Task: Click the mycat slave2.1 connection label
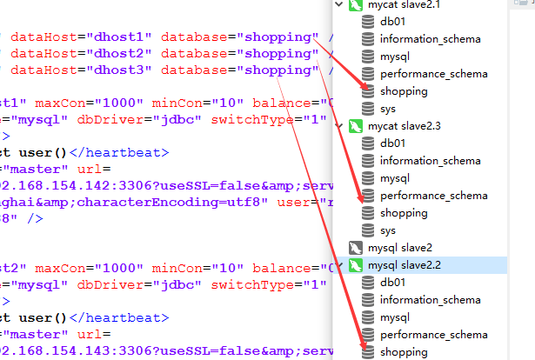(x=405, y=4)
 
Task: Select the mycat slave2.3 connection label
(x=405, y=126)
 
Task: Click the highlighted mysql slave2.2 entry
(x=405, y=265)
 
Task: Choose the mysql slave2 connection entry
(x=400, y=248)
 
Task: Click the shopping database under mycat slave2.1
(x=404, y=91)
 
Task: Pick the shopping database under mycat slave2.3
(x=404, y=213)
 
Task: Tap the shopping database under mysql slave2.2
(x=404, y=352)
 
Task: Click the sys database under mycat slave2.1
(x=388, y=109)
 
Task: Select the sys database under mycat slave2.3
(x=388, y=230)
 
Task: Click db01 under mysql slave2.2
(x=392, y=283)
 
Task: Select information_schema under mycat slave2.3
(x=430, y=161)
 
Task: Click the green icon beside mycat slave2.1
(x=355, y=5)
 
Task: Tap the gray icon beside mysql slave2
(x=355, y=248)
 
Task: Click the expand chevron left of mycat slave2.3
(x=339, y=126)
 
